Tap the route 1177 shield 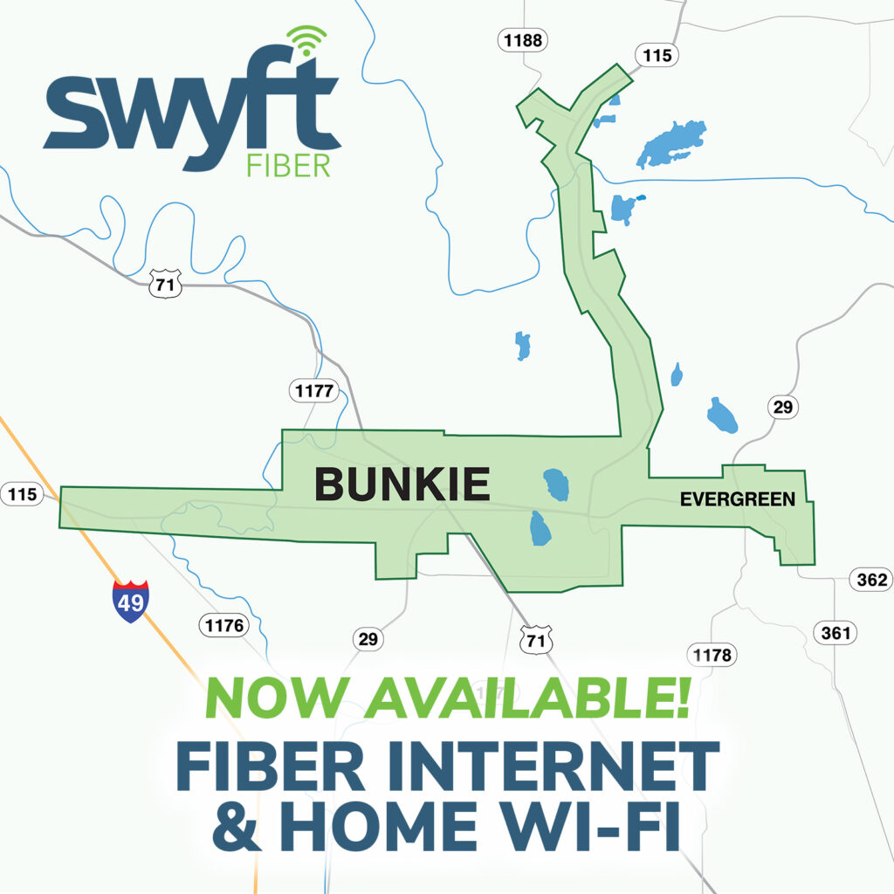coord(313,391)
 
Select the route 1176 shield coord(223,625)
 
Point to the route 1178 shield coord(712,655)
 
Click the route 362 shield coord(870,580)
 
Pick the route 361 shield coord(835,633)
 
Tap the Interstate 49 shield coord(131,602)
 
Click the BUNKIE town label coord(402,485)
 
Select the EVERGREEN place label coord(738,500)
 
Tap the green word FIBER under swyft coord(289,166)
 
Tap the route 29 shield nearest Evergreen coord(782,407)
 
